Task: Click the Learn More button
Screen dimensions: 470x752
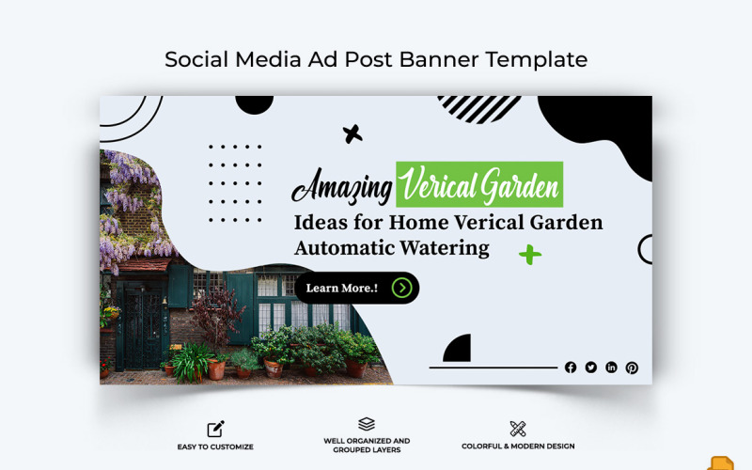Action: pyautogui.click(x=344, y=288)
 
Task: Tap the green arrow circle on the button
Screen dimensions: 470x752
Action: pyautogui.click(x=402, y=288)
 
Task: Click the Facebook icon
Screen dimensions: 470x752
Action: pyautogui.click(x=571, y=368)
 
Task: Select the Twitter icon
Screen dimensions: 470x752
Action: pyautogui.click(x=591, y=368)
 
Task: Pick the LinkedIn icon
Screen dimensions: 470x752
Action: pyautogui.click(x=612, y=368)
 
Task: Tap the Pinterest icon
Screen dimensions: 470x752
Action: pyautogui.click(x=632, y=368)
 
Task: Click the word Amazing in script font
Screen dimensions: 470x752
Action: pyautogui.click(x=341, y=187)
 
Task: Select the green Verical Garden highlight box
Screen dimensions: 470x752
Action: pyautogui.click(x=479, y=185)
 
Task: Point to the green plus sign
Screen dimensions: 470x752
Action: pyautogui.click(x=530, y=254)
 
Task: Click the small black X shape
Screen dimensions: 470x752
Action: pyautogui.click(x=352, y=133)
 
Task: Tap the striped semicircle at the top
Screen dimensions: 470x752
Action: pyautogui.click(x=479, y=107)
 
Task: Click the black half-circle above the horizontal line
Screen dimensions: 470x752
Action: pyautogui.click(x=458, y=349)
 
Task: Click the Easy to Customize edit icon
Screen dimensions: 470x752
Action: pyautogui.click(x=215, y=429)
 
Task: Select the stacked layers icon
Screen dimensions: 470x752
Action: pyautogui.click(x=367, y=425)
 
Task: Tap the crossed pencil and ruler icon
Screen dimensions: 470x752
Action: pyautogui.click(x=518, y=429)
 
